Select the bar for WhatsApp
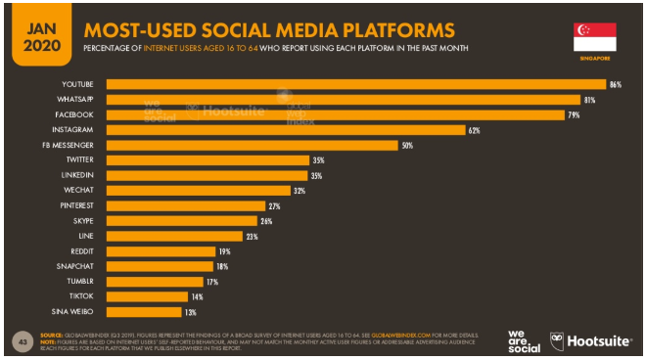pos(343,100)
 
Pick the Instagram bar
pos(285,129)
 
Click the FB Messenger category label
pos(69,145)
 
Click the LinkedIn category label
pos(77,175)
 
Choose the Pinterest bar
pos(185,205)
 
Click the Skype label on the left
pos(81,221)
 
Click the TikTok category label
pos(80,296)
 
